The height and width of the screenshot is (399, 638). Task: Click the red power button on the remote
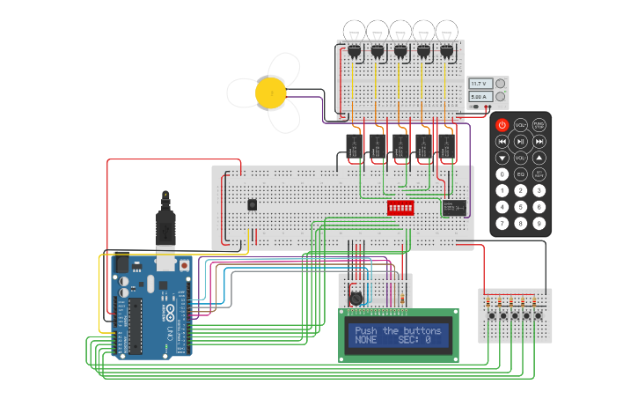(x=502, y=125)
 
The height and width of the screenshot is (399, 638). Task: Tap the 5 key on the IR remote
(x=520, y=207)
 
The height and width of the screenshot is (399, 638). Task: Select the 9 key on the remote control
(x=539, y=224)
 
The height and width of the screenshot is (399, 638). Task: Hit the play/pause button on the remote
(x=520, y=141)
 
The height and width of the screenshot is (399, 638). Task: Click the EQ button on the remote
(x=520, y=174)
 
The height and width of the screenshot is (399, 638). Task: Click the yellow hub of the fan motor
(x=270, y=91)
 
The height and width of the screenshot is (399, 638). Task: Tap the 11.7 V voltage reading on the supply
(x=480, y=83)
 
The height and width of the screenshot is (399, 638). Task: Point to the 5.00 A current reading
(x=480, y=96)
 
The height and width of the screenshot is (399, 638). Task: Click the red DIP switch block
(x=400, y=207)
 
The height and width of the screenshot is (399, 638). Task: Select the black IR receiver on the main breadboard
(x=253, y=204)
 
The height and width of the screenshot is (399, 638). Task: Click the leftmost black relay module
(x=354, y=146)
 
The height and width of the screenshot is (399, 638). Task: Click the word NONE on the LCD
(x=366, y=340)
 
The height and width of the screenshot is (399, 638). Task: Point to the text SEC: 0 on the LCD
(x=414, y=340)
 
